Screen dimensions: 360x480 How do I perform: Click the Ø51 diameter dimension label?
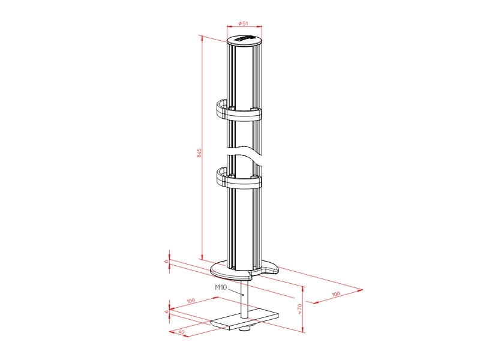pos(244,23)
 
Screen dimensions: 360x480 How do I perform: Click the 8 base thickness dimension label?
pos(167,261)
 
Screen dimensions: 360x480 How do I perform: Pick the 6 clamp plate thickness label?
pos(167,312)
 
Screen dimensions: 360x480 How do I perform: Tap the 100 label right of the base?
pos(335,294)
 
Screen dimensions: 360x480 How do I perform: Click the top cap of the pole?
pos(245,41)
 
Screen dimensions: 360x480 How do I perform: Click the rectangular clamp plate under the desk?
pos(246,320)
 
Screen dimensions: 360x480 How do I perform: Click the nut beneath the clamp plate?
pos(244,329)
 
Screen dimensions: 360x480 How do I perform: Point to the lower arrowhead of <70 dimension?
pos(303,330)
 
